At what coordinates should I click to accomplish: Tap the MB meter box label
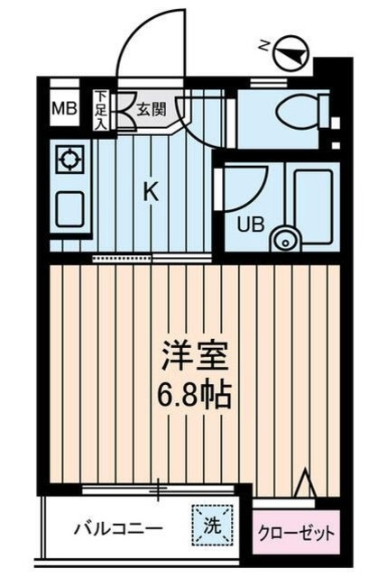point(63,110)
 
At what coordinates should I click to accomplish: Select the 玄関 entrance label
point(151,109)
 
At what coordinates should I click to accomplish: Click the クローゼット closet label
point(297,532)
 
